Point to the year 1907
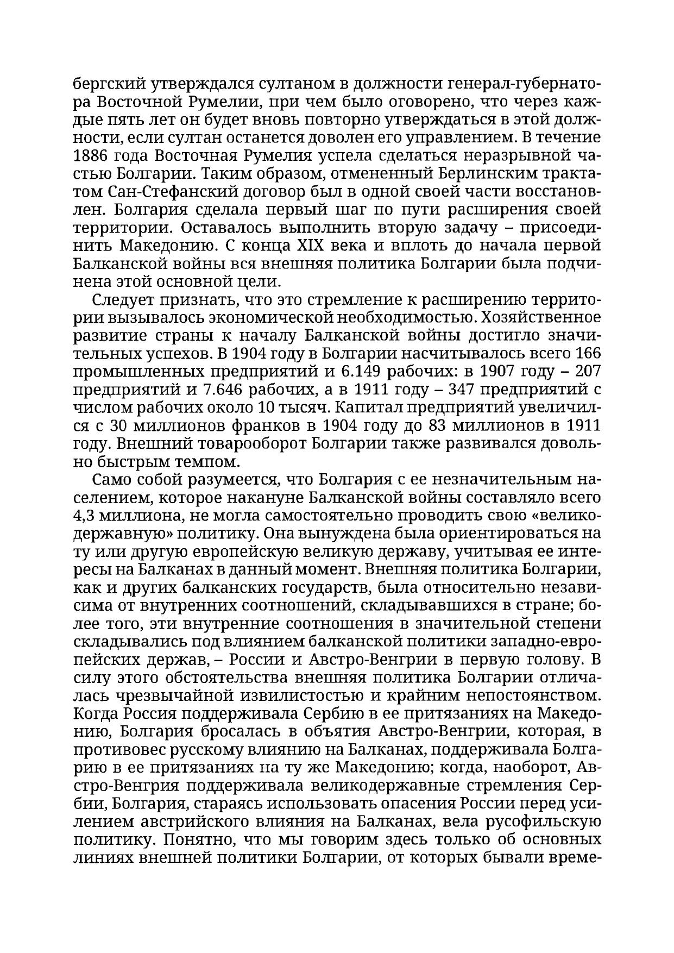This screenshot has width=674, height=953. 497,372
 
